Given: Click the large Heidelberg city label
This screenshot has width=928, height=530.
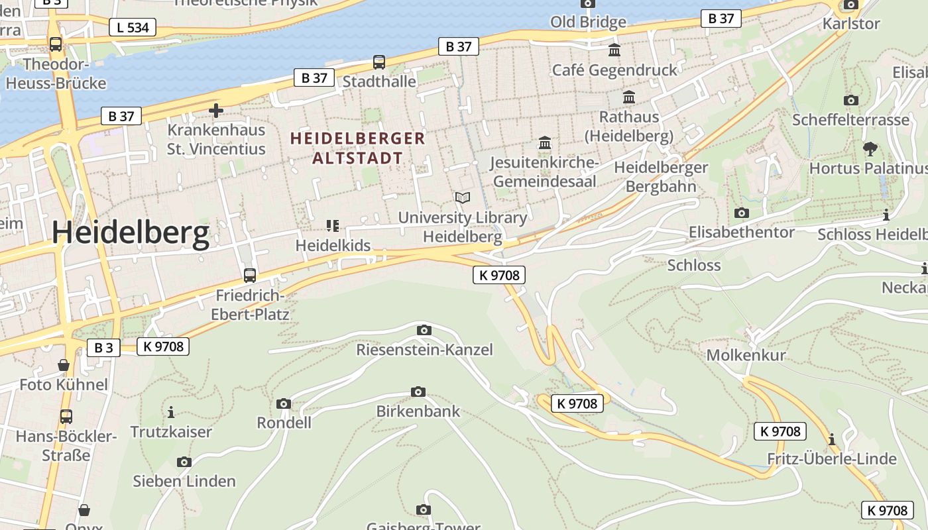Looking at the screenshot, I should coord(131,233).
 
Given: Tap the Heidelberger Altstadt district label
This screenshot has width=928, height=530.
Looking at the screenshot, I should coord(358,148).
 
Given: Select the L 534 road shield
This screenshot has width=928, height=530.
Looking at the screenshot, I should coord(133,27).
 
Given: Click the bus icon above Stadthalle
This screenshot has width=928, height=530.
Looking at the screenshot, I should coord(379,62).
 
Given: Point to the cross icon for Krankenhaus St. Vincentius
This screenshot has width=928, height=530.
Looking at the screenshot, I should coord(216,111).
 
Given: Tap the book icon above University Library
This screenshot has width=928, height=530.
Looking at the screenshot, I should coord(463,197).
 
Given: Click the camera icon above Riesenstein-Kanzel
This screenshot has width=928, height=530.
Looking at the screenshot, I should coord(424,330).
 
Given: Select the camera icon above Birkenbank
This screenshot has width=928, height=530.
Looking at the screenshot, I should coord(418,392).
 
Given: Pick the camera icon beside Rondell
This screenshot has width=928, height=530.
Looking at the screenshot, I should coord(284,403).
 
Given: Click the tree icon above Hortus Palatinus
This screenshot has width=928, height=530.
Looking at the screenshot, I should coord(870,148).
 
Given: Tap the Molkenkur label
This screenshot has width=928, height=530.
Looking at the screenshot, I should coord(746,354).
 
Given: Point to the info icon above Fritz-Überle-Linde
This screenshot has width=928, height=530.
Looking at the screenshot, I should coord(832,439).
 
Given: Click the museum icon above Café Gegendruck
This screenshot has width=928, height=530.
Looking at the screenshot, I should coord(614,50).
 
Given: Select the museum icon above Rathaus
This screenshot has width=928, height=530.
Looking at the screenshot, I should coord(629,97).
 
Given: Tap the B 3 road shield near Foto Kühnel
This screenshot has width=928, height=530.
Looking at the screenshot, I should coord(103,347).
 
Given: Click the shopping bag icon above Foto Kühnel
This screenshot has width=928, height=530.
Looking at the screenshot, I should coord(64,365).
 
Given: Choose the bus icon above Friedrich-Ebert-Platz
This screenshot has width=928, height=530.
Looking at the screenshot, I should coord(250,275).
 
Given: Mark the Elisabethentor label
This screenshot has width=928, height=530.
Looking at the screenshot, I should coord(741,232).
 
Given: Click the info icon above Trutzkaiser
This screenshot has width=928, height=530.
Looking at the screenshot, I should coord(171,412).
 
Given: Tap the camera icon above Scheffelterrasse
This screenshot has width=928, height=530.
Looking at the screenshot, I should coord(851,101).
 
